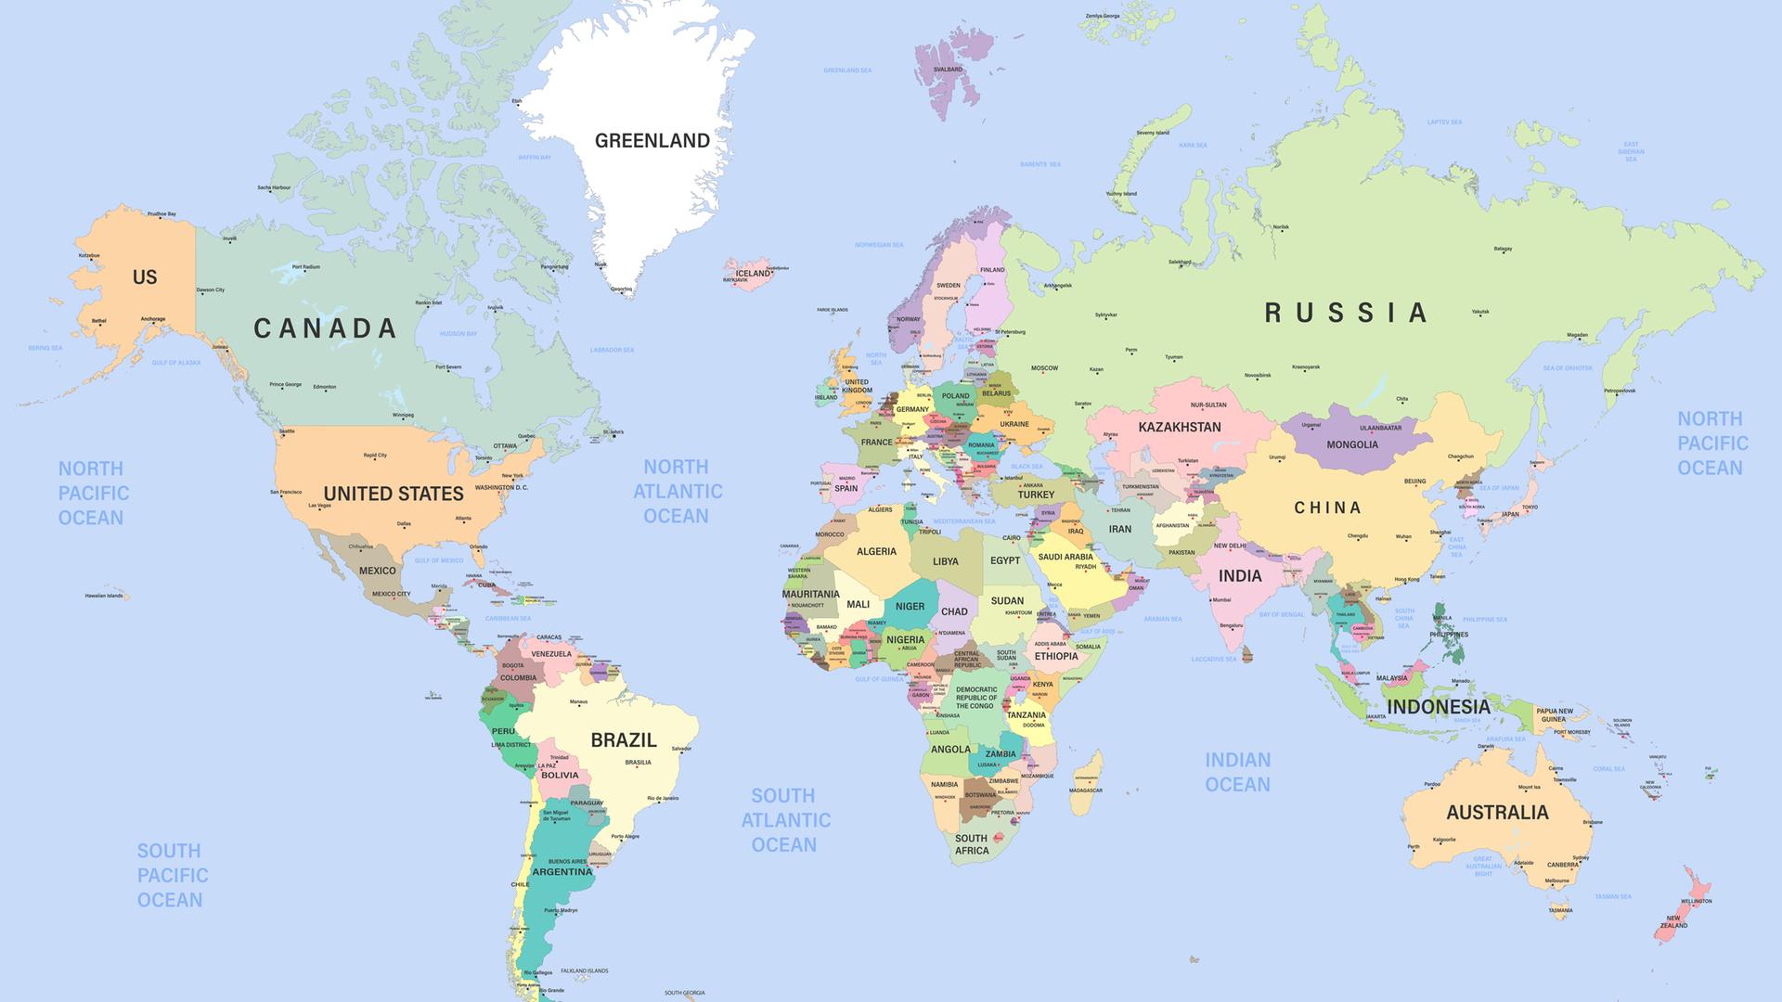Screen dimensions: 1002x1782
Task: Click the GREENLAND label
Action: tap(652, 141)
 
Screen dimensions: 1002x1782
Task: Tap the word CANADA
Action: tap(325, 328)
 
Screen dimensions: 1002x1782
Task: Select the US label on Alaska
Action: tap(145, 277)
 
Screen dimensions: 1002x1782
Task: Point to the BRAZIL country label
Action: tap(624, 740)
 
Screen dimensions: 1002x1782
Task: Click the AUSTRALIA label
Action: tap(1497, 813)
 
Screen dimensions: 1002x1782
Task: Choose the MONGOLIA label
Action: tap(1352, 444)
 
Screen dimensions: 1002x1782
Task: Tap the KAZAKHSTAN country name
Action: tap(1180, 428)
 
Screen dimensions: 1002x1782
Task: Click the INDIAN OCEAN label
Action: tap(1237, 772)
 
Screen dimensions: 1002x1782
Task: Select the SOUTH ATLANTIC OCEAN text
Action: tap(785, 820)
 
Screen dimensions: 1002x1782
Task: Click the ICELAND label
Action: tap(753, 274)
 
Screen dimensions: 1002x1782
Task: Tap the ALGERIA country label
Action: tap(876, 552)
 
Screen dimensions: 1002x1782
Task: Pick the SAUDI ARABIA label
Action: tap(1065, 558)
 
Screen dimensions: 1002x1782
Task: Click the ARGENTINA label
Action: tap(562, 872)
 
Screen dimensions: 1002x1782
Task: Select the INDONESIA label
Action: tap(1438, 707)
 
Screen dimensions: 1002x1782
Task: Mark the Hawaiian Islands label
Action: tap(103, 596)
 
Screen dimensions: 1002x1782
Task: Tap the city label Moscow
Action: tap(1044, 368)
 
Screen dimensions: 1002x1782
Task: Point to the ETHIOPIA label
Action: tap(1056, 657)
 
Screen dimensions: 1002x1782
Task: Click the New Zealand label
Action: tap(1674, 922)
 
